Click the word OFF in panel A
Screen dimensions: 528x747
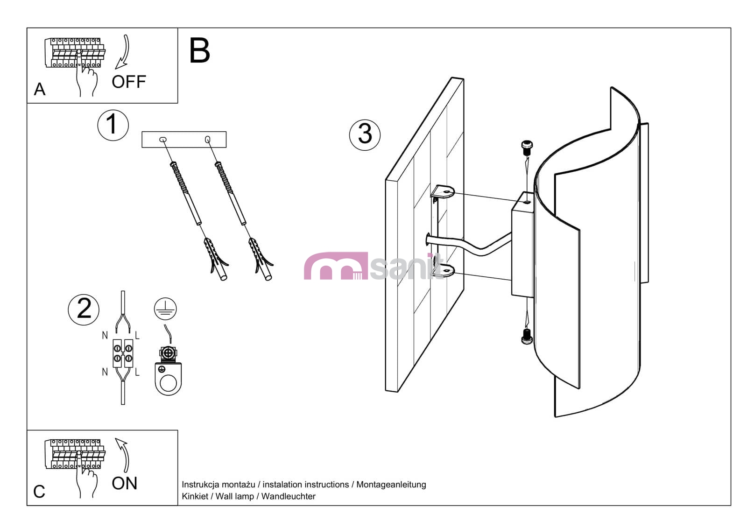[128, 82]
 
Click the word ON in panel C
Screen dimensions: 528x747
[124, 484]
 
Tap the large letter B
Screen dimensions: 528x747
[199, 51]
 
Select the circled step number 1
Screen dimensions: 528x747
[113, 125]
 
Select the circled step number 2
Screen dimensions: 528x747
[84, 309]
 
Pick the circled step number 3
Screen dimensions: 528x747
[365, 134]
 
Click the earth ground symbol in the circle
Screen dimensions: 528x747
[165, 309]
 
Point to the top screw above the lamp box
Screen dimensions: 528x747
[527, 148]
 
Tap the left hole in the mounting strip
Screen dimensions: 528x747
[163, 139]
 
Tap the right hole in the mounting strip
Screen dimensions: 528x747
[207, 139]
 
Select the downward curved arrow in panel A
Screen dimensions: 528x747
[124, 51]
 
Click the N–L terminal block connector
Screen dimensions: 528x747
[123, 353]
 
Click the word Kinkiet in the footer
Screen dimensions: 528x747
[195, 497]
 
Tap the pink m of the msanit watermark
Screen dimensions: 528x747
[335, 267]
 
